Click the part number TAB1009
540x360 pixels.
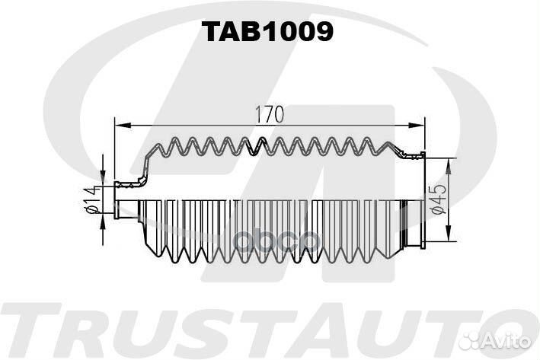[x=267, y=32]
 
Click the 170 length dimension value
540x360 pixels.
[x=270, y=114]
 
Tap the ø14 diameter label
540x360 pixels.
[x=91, y=199]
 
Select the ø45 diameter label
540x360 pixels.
[x=438, y=199]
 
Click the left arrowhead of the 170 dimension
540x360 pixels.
[x=123, y=126]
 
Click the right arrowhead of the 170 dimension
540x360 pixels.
[x=416, y=126]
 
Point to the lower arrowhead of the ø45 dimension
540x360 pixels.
[x=448, y=232]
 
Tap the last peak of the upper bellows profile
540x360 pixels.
[x=388, y=144]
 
